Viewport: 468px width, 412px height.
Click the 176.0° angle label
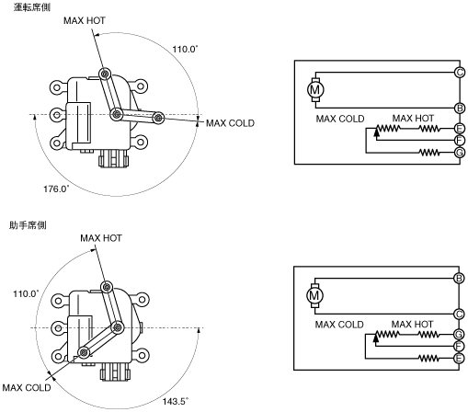[x=56, y=189]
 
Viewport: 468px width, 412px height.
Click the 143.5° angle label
[x=176, y=401]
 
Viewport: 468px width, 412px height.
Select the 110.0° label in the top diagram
[x=185, y=49]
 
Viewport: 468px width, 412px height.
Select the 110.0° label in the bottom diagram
[x=26, y=293]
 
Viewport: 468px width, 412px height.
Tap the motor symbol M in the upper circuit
[x=315, y=90]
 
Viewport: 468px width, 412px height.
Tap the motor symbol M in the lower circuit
[x=314, y=296]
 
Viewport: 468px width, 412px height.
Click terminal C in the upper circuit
[x=460, y=73]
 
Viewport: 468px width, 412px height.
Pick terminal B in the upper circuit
[x=460, y=109]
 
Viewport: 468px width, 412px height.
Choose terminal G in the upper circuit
[x=460, y=153]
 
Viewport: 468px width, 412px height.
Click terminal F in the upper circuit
[x=460, y=141]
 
